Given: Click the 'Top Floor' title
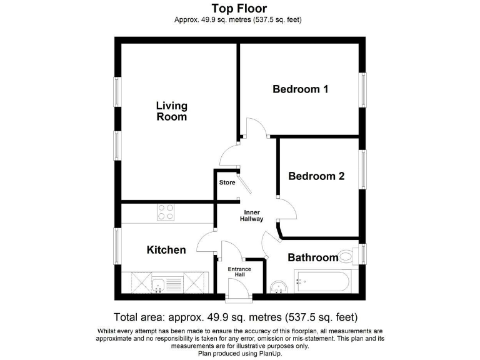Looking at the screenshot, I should pyautogui.click(x=239, y=8).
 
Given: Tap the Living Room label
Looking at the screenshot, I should pyautogui.click(x=171, y=111).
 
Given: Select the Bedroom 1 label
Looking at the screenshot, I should pyautogui.click(x=300, y=89).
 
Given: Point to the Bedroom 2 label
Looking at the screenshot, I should pyautogui.click(x=316, y=176).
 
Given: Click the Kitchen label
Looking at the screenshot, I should pyautogui.click(x=166, y=250).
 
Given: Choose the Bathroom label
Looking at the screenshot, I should pyautogui.click(x=312, y=257).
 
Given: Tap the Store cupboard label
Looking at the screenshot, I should pyautogui.click(x=227, y=183).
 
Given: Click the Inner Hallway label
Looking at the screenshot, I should pyautogui.click(x=252, y=216).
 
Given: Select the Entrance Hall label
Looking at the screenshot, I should pyautogui.click(x=239, y=272).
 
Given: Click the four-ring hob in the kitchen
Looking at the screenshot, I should pyautogui.click(x=166, y=212).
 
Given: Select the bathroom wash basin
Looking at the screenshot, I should pyautogui.click(x=279, y=286).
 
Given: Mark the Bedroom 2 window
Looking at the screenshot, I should pyautogui.click(x=362, y=169).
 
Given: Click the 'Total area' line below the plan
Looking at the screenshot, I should pyautogui.click(x=236, y=317).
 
